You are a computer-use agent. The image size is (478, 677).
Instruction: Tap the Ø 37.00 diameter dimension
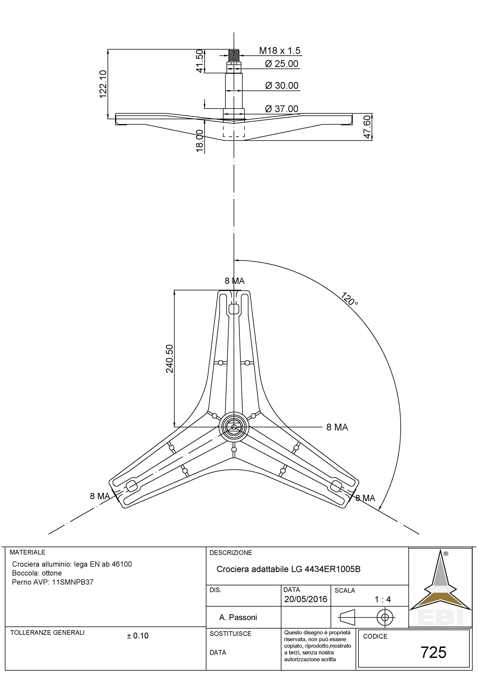click(x=282, y=109)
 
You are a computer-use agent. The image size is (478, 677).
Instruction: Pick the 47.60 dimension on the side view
click(x=367, y=127)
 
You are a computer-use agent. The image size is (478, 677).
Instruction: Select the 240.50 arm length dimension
click(x=170, y=358)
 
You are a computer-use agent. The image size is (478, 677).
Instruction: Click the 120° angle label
click(x=350, y=299)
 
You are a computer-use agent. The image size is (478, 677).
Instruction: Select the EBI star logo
click(x=440, y=585)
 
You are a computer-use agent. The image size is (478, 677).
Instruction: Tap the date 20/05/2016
click(x=306, y=599)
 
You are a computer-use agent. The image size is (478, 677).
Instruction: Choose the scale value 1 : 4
click(x=383, y=599)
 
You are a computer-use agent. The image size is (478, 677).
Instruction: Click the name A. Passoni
click(x=238, y=617)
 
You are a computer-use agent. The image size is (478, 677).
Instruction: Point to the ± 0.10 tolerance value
click(x=138, y=636)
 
